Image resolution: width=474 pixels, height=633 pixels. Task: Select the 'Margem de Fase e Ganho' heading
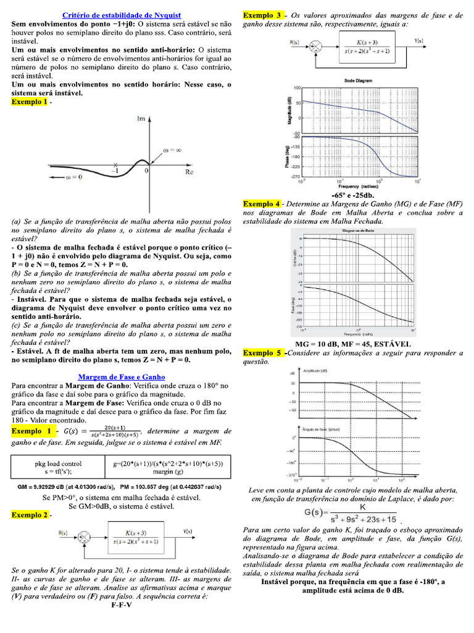tap(122, 376)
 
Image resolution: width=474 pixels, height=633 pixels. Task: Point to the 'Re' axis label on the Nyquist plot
tap(190, 171)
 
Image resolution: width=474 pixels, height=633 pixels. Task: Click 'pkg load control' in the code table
tap(57, 463)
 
